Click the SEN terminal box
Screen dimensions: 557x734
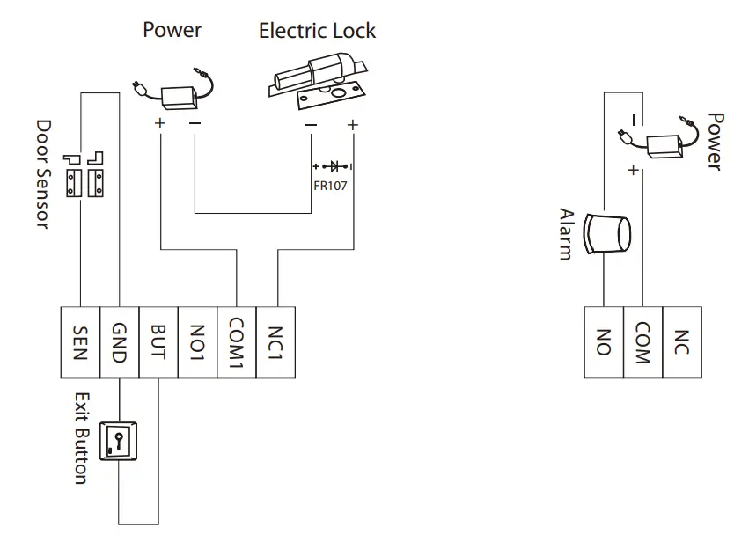(x=79, y=342)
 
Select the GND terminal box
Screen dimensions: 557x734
(x=119, y=342)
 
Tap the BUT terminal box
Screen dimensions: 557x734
(x=158, y=342)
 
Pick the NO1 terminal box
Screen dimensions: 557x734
(x=197, y=342)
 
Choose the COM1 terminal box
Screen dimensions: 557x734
(x=236, y=342)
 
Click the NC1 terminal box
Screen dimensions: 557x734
(x=275, y=342)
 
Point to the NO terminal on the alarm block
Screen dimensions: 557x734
(x=604, y=342)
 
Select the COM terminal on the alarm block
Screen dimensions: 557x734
(x=642, y=342)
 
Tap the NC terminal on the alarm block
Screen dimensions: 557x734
(x=682, y=342)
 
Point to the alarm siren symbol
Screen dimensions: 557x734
(x=610, y=233)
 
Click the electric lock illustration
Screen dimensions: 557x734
(x=319, y=80)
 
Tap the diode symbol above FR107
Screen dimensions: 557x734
(x=333, y=165)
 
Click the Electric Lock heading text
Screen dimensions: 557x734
(x=317, y=31)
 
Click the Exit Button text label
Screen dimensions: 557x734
(x=80, y=438)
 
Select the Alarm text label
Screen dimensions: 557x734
(x=567, y=234)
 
